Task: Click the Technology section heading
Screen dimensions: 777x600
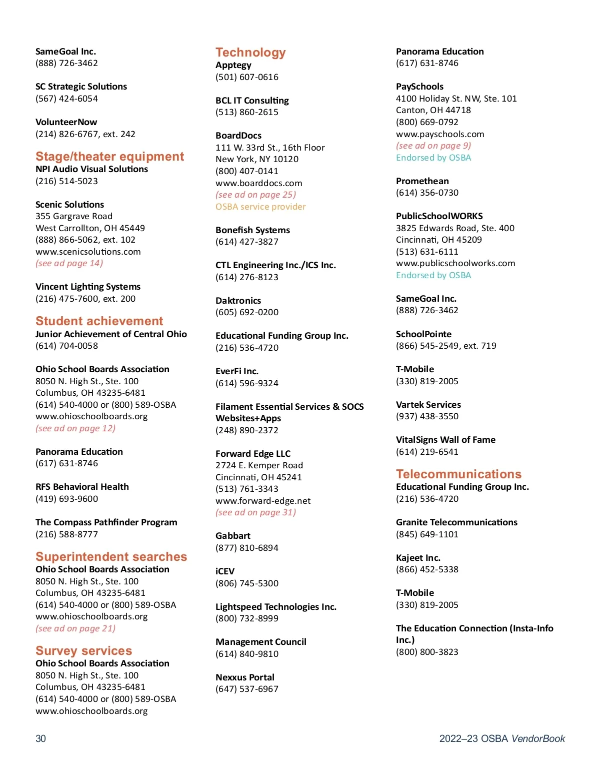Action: pyautogui.click(x=250, y=53)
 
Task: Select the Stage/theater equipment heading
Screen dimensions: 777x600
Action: pyautogui.click(x=109, y=157)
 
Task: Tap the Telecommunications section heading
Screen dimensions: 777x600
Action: pyautogui.click(x=458, y=474)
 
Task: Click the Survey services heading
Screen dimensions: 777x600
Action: pyautogui.click(x=83, y=651)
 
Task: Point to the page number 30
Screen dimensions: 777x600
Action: pyautogui.click(x=40, y=738)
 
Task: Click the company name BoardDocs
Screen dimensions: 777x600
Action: pyautogui.click(x=238, y=136)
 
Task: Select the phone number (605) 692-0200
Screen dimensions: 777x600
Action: pyautogui.click(x=247, y=312)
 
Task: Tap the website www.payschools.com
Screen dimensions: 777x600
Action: pyautogui.click(x=440, y=134)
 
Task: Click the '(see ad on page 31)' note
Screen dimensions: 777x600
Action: pyautogui.click(x=255, y=512)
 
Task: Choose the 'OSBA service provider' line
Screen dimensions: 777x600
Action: pyautogui.click(x=260, y=207)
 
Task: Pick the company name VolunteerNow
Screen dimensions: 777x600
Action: pyautogui.click(x=66, y=122)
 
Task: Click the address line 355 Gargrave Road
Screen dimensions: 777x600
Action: pyautogui.click(x=74, y=216)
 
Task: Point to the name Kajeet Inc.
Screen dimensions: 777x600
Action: pyautogui.click(x=418, y=558)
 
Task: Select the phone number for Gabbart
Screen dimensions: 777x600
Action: pyautogui.click(x=247, y=548)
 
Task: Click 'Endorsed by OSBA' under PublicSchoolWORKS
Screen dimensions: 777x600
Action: pyautogui.click(x=433, y=275)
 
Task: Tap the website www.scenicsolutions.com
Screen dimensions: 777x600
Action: pyautogui.click(x=88, y=252)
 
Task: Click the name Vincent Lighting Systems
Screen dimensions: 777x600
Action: pyautogui.click(x=88, y=287)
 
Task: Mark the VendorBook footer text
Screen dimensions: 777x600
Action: pyautogui.click(x=502, y=738)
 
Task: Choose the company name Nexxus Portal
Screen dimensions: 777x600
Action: pyautogui.click(x=245, y=677)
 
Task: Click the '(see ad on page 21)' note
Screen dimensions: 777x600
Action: pyautogui.click(x=75, y=628)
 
